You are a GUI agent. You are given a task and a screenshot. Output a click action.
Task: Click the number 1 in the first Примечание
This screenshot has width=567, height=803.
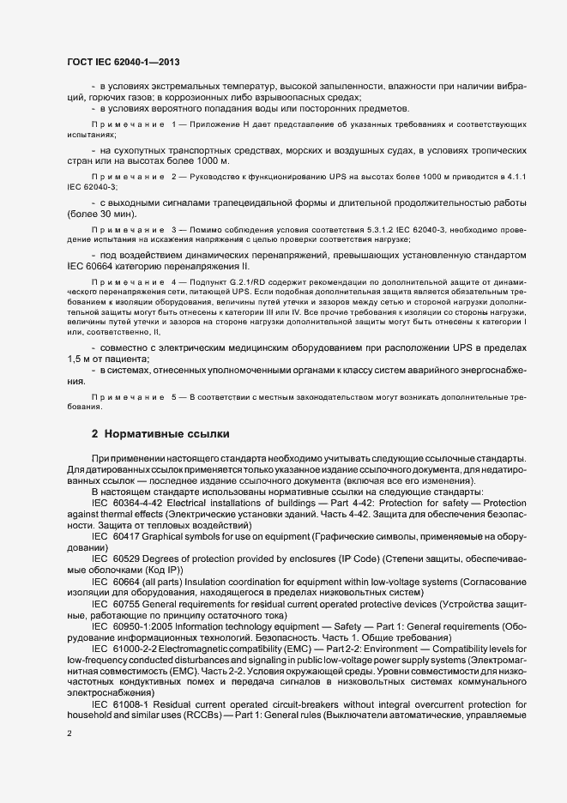pos(175,125)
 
